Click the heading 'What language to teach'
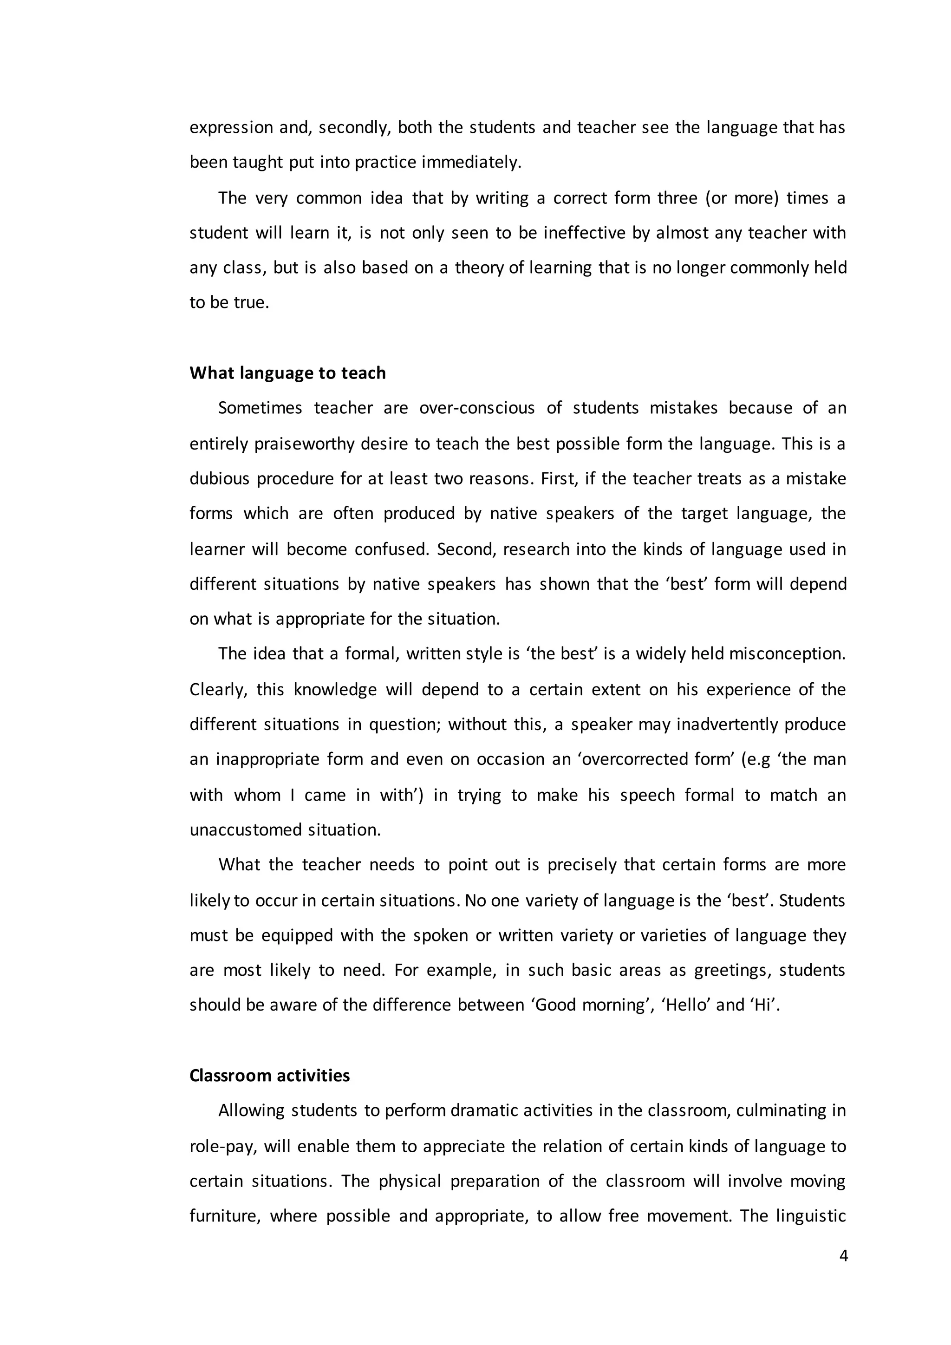(x=287, y=373)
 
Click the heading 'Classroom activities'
(x=269, y=1076)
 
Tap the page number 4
(x=843, y=1256)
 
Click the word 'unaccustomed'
(x=247, y=829)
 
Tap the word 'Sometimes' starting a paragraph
(x=260, y=408)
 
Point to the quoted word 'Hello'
(x=685, y=1005)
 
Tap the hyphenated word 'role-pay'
(x=222, y=1146)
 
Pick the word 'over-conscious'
(x=477, y=408)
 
